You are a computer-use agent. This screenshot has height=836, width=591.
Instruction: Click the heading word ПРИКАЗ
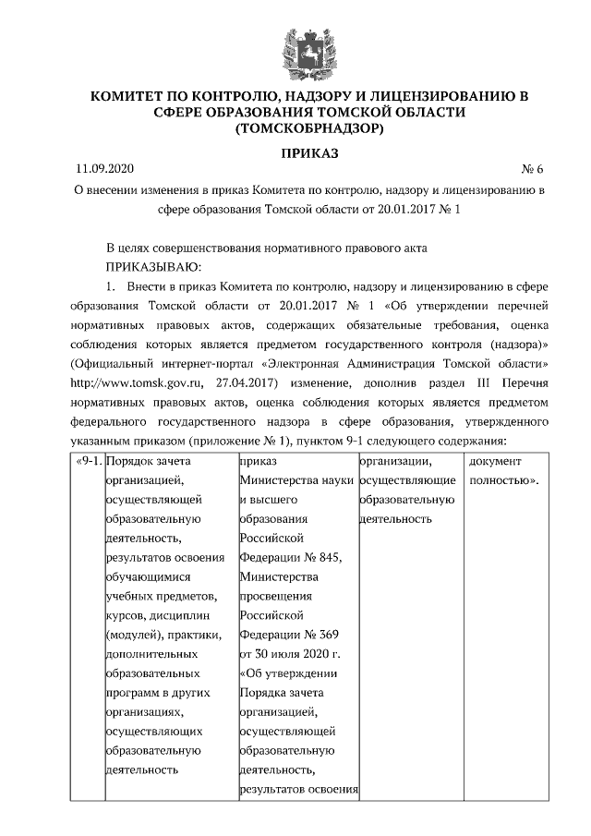coord(295,152)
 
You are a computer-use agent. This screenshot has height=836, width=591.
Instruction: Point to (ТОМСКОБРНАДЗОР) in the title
coord(295,129)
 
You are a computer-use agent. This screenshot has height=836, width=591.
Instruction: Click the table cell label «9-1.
coord(86,460)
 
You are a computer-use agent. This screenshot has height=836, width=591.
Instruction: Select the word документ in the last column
coord(496,460)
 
